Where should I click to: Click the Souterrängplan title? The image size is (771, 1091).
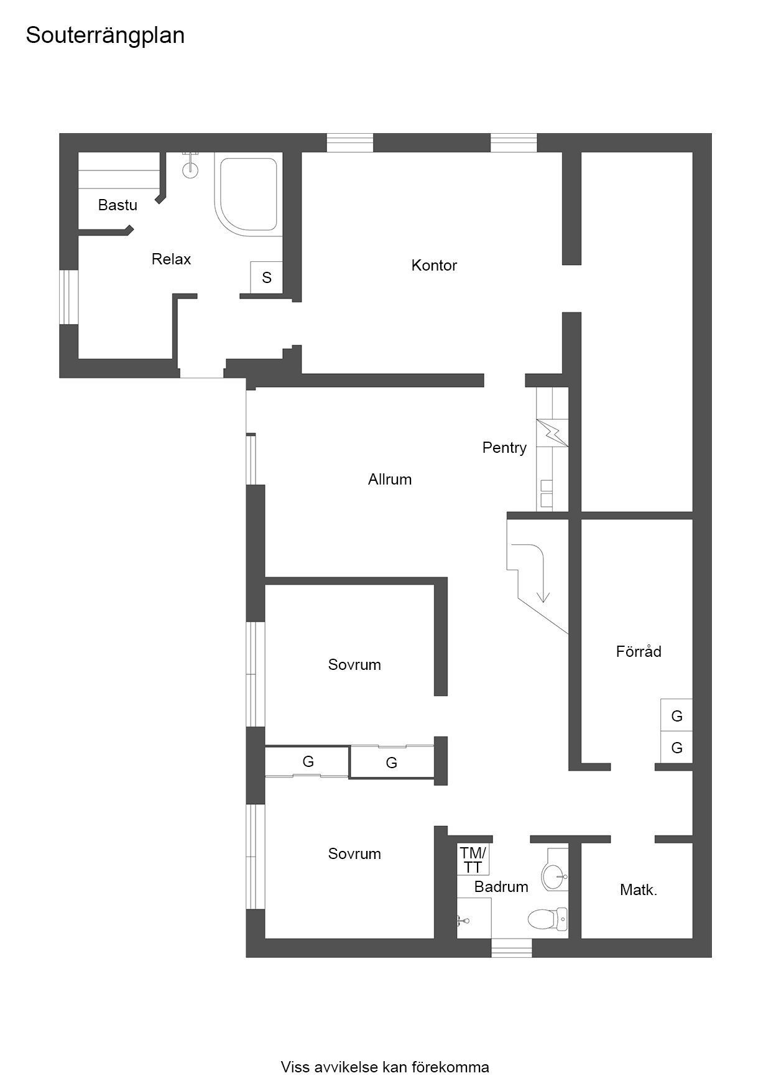pyautogui.click(x=105, y=36)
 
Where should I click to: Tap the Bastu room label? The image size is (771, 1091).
pyautogui.click(x=118, y=205)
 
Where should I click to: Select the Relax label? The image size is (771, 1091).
pyautogui.click(x=171, y=259)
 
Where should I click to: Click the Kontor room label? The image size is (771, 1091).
pyautogui.click(x=434, y=265)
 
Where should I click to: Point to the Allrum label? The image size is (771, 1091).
pyautogui.click(x=390, y=479)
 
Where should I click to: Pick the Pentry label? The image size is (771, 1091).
pyautogui.click(x=504, y=447)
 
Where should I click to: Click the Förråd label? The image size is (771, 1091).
pyautogui.click(x=639, y=651)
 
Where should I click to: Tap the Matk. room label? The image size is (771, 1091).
pyautogui.click(x=639, y=890)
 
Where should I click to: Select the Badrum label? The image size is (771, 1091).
pyautogui.click(x=501, y=886)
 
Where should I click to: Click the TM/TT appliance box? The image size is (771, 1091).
pyautogui.click(x=473, y=860)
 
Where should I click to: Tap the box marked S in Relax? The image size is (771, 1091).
pyautogui.click(x=266, y=277)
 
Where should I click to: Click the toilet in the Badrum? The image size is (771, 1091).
pyautogui.click(x=548, y=918)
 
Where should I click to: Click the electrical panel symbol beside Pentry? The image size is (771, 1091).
pyautogui.click(x=552, y=432)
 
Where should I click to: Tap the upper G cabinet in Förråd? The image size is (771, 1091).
pyautogui.click(x=676, y=715)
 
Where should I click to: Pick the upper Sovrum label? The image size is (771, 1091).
pyautogui.click(x=354, y=664)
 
